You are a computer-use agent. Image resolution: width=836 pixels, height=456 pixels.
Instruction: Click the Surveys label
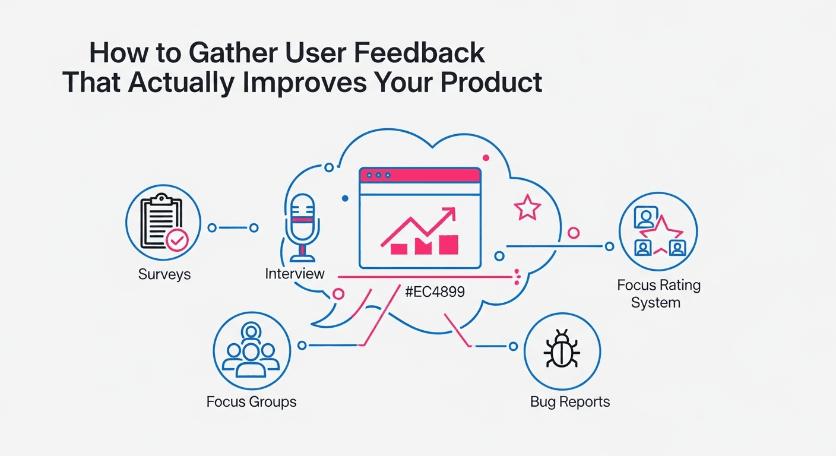[164, 274]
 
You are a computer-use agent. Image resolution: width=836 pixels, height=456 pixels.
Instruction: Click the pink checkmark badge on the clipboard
[177, 240]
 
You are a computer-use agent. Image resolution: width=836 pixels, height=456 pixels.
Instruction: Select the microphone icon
[302, 226]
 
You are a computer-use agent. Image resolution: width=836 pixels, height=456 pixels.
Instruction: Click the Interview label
[294, 274]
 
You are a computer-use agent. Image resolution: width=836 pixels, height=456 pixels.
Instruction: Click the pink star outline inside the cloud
[527, 208]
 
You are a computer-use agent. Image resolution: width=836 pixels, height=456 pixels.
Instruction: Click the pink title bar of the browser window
[420, 175]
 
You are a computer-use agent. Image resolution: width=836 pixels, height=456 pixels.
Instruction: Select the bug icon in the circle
[562, 350]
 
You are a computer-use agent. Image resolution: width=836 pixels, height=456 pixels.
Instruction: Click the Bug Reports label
[569, 402]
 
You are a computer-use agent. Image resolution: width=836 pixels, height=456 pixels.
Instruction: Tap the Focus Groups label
[251, 402]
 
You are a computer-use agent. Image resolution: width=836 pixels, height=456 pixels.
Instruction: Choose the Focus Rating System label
[658, 293]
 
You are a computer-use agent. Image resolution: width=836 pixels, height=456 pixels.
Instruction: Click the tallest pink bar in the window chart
[448, 244]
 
